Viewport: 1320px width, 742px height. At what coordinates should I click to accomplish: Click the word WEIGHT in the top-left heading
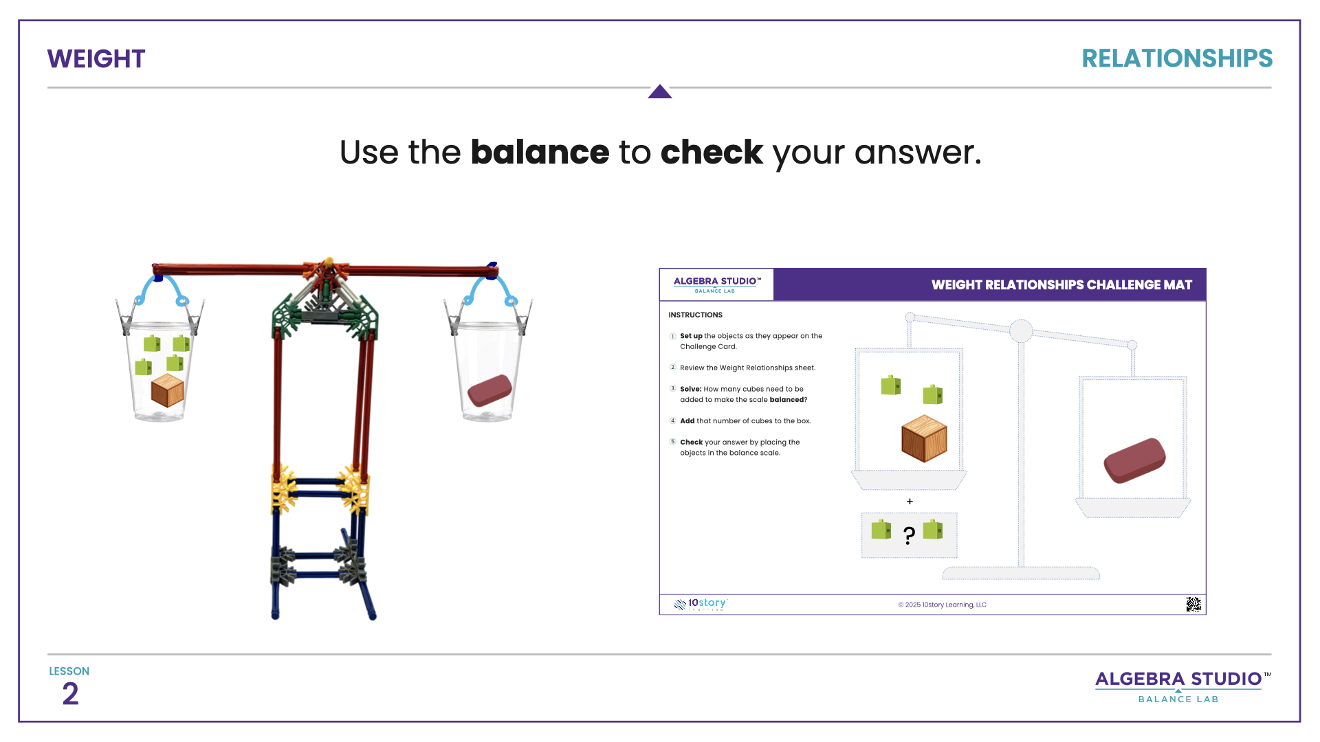coord(96,59)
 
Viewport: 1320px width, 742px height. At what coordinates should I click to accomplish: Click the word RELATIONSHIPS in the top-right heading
coord(1176,58)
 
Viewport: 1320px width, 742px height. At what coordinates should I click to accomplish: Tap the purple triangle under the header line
coord(659,92)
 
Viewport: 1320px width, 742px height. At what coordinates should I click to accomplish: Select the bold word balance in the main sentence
coord(540,152)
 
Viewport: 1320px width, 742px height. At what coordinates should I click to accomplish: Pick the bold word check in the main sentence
coord(712,152)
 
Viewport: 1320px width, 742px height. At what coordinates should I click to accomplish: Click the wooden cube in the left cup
coord(167,390)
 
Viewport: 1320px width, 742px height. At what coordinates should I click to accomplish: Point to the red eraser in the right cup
coord(489,390)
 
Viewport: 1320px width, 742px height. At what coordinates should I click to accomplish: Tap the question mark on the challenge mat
coord(909,535)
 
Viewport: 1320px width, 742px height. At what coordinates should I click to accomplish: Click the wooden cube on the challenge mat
coord(924,438)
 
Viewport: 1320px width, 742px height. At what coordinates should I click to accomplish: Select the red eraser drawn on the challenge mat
coord(1134,460)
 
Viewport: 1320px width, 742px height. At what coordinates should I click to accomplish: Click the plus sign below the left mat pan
coord(910,502)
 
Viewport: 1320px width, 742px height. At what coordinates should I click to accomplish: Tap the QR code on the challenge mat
coord(1193,604)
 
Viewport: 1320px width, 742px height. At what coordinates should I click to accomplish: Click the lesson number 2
coord(70,694)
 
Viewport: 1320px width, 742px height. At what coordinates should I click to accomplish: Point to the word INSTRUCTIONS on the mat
coord(695,315)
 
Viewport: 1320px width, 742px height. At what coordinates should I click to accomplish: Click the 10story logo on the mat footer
coord(701,604)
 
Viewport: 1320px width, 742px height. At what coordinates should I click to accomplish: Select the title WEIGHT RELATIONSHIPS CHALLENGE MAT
coord(1061,285)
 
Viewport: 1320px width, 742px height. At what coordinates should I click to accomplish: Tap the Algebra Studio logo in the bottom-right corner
coord(1178,686)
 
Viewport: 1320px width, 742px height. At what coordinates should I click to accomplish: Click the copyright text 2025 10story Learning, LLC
coord(942,605)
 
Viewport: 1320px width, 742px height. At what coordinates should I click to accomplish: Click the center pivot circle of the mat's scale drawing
coord(1021,331)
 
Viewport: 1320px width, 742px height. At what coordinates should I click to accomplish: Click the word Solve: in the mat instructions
coord(690,389)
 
